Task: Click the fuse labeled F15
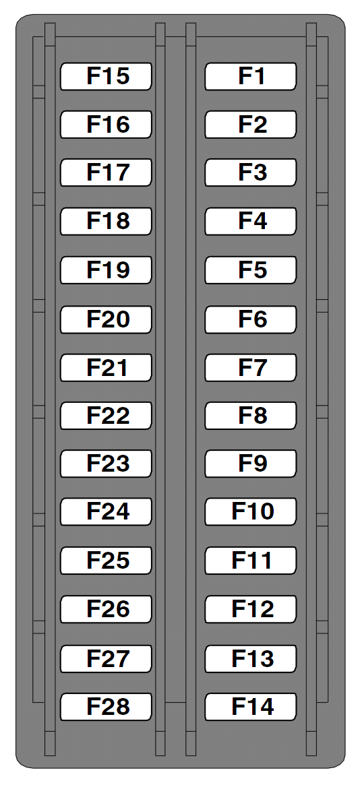coord(106,76)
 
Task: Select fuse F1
coord(251,76)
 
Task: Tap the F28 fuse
coord(106,707)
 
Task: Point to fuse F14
coord(251,707)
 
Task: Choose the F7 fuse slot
coord(251,367)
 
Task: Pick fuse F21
coord(106,367)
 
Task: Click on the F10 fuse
coord(251,512)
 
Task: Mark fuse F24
coord(106,512)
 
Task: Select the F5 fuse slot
coord(251,270)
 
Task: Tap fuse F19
coord(106,270)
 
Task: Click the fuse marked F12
coord(251,609)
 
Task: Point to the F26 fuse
coord(106,609)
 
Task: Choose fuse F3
coord(251,172)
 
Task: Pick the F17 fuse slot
coord(106,172)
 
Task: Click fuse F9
coord(251,464)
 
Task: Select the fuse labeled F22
coord(106,416)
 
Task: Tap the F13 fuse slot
coord(251,658)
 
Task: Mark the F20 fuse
coord(106,319)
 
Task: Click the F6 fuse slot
coord(251,319)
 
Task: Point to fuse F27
coord(106,658)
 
